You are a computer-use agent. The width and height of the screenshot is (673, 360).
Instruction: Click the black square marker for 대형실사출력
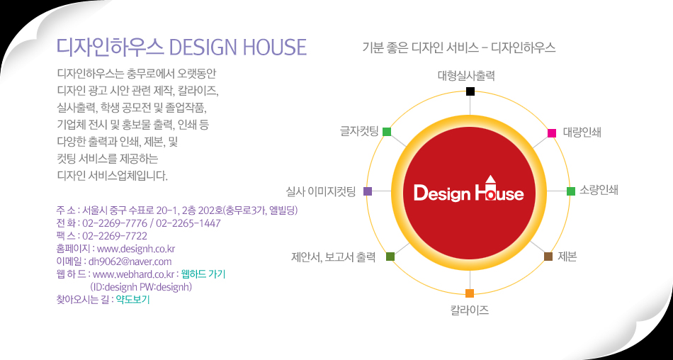(x=470, y=91)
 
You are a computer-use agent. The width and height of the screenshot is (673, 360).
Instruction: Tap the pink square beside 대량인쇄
(x=552, y=133)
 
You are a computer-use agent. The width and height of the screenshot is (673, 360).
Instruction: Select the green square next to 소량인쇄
(x=571, y=191)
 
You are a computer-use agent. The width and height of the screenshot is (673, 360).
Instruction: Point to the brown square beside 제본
(x=548, y=257)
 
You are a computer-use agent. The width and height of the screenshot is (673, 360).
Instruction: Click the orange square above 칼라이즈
(x=470, y=293)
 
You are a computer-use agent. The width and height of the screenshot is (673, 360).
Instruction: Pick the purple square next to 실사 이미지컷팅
(x=368, y=191)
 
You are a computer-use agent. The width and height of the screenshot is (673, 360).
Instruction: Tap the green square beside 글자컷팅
(x=387, y=131)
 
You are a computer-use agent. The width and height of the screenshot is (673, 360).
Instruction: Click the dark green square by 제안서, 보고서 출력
(x=390, y=257)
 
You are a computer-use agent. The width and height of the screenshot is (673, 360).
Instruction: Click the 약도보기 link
(x=132, y=300)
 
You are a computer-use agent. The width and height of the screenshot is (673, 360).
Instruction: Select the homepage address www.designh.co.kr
(x=136, y=249)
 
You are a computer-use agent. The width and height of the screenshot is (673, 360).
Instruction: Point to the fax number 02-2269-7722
(x=115, y=236)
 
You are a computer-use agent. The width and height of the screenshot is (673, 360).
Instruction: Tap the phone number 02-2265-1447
(x=188, y=223)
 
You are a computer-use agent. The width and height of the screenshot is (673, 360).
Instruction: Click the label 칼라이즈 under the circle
(x=470, y=310)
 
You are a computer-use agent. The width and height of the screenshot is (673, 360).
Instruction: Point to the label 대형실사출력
(x=467, y=76)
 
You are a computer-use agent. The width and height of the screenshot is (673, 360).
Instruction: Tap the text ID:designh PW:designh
(x=141, y=286)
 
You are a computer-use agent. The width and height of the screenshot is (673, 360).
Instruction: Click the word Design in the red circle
(x=442, y=193)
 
